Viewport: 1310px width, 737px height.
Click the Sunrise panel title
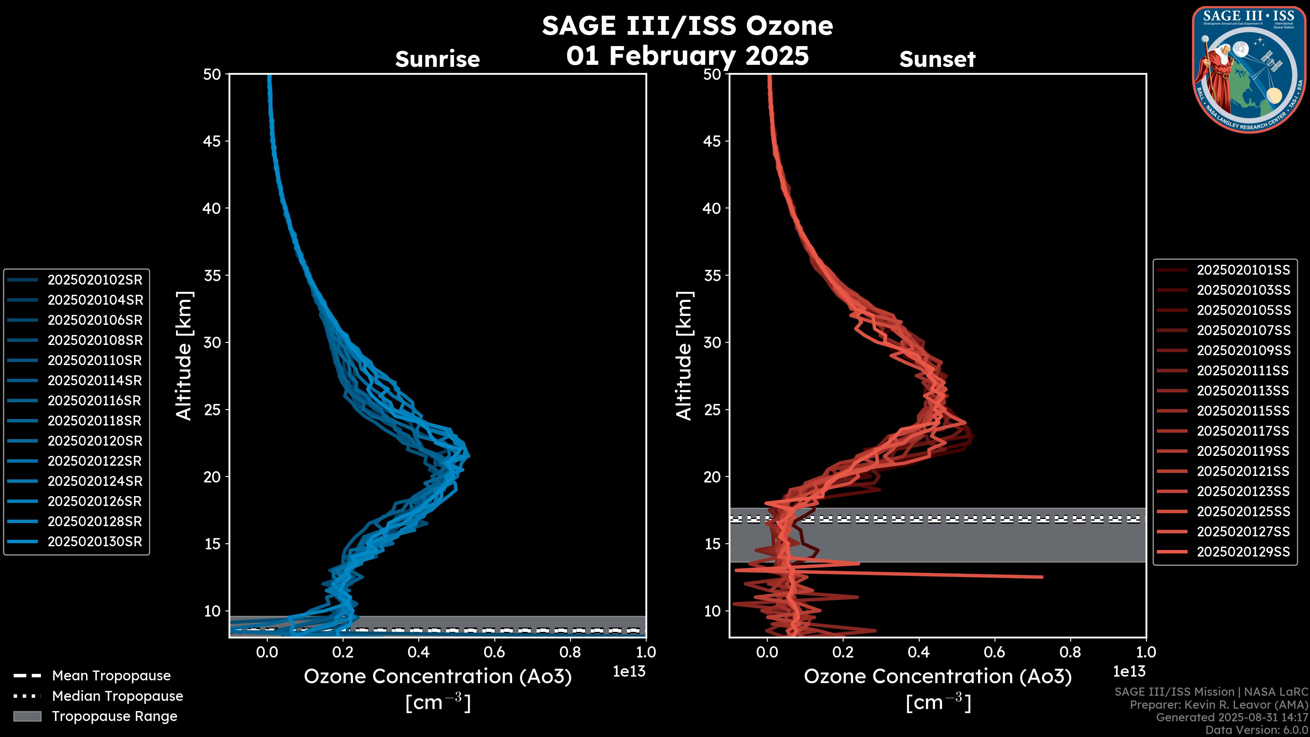tap(437, 59)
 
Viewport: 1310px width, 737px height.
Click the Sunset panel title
tap(937, 59)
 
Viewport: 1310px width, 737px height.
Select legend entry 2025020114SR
tap(94, 380)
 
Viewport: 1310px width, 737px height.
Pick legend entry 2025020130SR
tap(94, 542)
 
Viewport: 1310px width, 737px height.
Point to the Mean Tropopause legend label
tap(111, 676)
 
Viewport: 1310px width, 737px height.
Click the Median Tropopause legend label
tap(117, 696)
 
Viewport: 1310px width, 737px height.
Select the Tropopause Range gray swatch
tap(27, 716)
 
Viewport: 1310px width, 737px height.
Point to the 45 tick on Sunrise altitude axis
tap(212, 141)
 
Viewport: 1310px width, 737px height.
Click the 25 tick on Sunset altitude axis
tap(712, 410)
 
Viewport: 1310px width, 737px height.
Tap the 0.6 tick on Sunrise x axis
tap(494, 652)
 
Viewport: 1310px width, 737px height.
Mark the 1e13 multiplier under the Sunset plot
tap(1129, 672)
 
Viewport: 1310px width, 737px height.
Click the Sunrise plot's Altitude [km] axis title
tap(184, 356)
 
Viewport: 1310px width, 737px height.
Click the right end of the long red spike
tap(1042, 577)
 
